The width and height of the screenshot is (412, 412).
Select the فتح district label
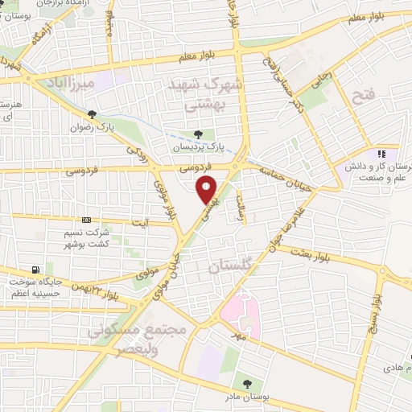click(362, 98)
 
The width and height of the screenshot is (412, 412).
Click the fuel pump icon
click(34, 270)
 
